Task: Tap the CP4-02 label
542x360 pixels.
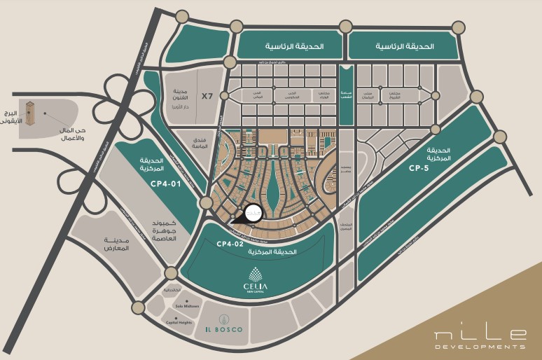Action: (229, 244)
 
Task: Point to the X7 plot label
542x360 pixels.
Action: (207, 95)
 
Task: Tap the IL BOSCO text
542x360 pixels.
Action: (223, 330)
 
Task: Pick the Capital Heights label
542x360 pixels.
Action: (179, 322)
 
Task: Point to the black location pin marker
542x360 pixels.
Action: (252, 212)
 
